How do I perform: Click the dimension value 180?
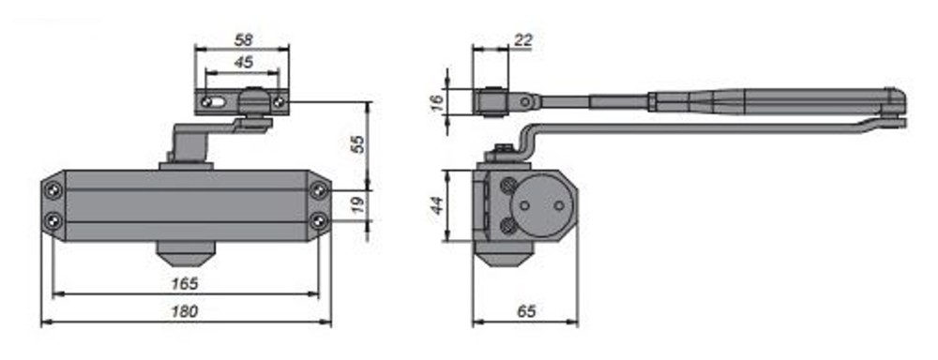[x=185, y=311]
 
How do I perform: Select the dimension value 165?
[x=185, y=283]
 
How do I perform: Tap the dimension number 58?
[x=244, y=40]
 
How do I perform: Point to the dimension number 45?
[x=243, y=62]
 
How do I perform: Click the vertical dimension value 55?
[x=357, y=143]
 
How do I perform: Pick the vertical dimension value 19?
[x=357, y=205]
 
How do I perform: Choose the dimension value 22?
[x=522, y=40]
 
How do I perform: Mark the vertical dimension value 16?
[x=438, y=103]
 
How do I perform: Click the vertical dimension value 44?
[x=438, y=205]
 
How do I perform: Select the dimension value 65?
[x=526, y=311]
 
